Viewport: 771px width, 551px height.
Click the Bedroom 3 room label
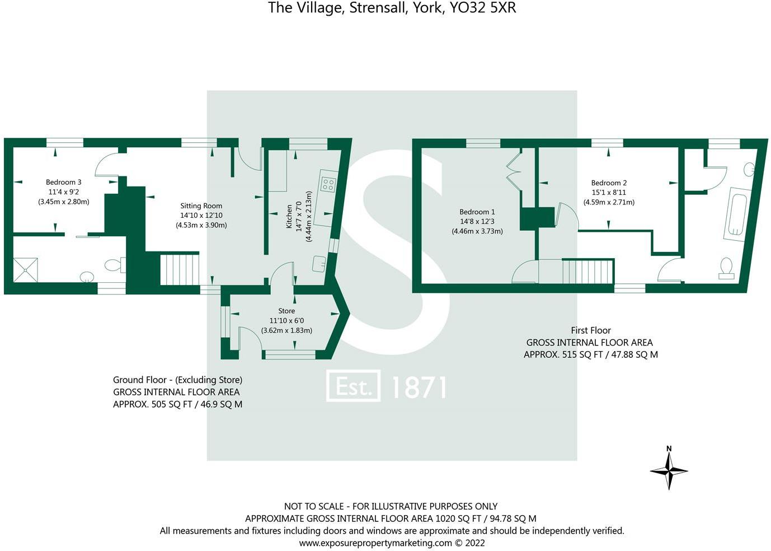click(63, 182)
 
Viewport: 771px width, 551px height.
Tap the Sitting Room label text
click(201, 206)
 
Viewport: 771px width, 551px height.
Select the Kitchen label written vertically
click(289, 216)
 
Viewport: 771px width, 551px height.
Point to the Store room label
click(286, 311)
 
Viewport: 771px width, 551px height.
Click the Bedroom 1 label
click(477, 212)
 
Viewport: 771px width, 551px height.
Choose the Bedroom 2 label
click(609, 183)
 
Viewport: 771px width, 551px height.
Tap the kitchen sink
click(319, 263)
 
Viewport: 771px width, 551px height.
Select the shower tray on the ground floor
click(26, 269)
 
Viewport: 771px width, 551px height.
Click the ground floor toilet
click(114, 265)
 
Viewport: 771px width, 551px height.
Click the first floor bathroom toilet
click(727, 268)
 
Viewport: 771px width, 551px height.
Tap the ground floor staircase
click(180, 269)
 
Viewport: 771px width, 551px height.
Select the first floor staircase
click(587, 271)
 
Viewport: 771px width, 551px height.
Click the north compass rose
click(669, 470)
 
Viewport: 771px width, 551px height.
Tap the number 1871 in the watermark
click(419, 387)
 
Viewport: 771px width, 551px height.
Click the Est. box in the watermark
click(353, 386)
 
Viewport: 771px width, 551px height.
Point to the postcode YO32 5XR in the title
click(483, 8)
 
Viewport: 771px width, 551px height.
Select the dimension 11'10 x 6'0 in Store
click(286, 320)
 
